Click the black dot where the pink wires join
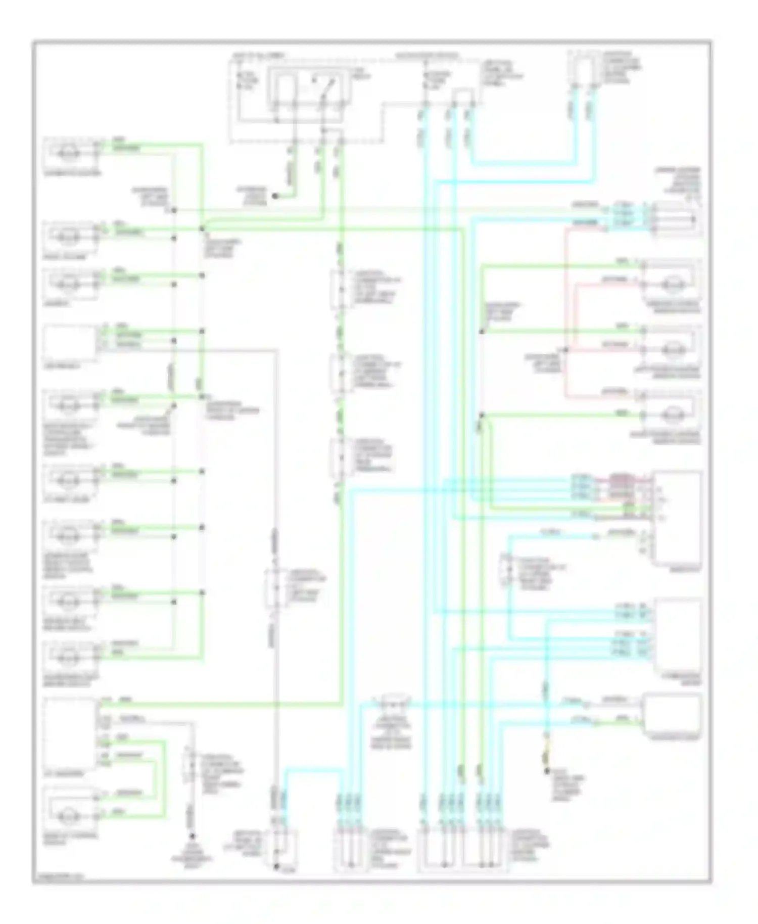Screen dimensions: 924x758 (x=565, y=349)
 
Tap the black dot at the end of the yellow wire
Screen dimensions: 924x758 (x=546, y=771)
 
